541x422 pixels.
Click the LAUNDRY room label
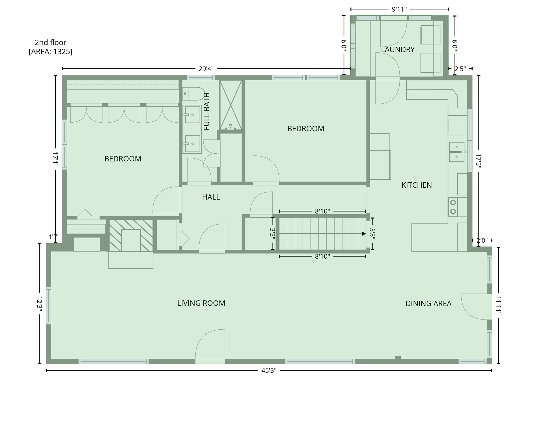(x=397, y=50)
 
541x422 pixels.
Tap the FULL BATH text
(x=206, y=111)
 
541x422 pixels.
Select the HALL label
(x=211, y=197)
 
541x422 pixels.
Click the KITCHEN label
(x=416, y=185)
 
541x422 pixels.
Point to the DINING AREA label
(x=428, y=304)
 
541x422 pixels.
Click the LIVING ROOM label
(x=201, y=303)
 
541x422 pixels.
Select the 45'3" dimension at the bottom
(x=269, y=371)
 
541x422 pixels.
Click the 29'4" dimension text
(x=206, y=69)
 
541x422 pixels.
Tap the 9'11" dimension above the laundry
(x=399, y=10)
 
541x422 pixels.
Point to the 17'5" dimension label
(x=478, y=161)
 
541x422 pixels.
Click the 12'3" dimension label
(x=39, y=304)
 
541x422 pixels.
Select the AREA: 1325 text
(x=51, y=52)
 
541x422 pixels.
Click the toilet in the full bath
(x=194, y=94)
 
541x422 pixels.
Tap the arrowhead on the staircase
(x=364, y=234)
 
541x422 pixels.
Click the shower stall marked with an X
(x=231, y=105)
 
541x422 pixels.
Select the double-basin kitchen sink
(x=457, y=152)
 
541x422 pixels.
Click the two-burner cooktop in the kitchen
(x=453, y=207)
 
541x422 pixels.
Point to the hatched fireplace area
(x=131, y=235)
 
